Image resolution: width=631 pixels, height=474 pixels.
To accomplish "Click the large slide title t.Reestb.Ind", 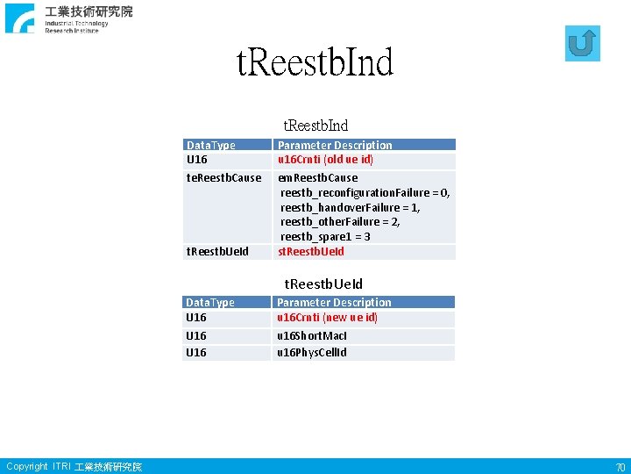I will [x=315, y=62].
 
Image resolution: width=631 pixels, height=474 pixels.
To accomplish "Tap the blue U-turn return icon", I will [x=583, y=43].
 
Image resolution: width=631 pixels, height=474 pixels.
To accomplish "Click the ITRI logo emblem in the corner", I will [x=19, y=18].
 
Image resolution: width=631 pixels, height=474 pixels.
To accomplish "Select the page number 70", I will [x=620, y=467].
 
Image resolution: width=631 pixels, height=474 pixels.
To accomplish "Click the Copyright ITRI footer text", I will [x=74, y=467].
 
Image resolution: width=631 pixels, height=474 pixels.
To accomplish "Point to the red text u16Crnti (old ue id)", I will [x=325, y=160].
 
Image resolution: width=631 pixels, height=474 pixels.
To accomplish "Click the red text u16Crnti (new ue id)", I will [x=327, y=318].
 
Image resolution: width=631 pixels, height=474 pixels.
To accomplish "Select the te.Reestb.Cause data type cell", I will [x=223, y=178].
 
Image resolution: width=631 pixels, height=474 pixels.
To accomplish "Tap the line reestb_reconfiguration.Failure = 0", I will [x=365, y=192].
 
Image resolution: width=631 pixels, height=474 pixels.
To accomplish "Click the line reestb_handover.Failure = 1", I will [x=350, y=207].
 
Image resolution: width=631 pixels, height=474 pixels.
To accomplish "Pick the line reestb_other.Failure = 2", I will [x=340, y=222].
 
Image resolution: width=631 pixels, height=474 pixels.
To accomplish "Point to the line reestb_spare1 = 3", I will [x=324, y=237].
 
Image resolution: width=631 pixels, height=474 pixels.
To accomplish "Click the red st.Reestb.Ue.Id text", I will [x=311, y=252].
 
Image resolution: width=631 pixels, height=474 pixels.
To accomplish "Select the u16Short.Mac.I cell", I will [x=312, y=336].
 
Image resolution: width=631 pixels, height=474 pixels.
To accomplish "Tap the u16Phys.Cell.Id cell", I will [x=312, y=353].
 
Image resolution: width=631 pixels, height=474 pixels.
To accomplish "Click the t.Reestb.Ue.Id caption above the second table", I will [x=323, y=284].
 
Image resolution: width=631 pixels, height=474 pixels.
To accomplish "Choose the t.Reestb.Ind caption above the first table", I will [x=315, y=126].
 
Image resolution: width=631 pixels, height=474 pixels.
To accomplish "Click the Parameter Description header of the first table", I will [x=335, y=145].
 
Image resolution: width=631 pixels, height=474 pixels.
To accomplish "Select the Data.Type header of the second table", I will [x=210, y=303].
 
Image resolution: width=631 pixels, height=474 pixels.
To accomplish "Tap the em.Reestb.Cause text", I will [x=317, y=178].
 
